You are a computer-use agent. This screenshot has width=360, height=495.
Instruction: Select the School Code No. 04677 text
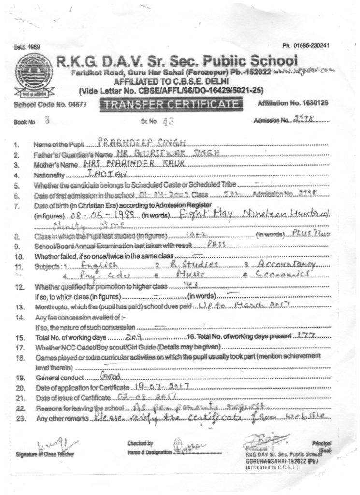(47, 104)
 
